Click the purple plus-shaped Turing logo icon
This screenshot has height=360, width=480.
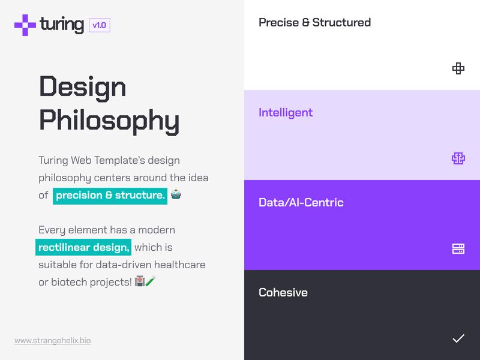pyautogui.click(x=25, y=25)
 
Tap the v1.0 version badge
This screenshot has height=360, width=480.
pyautogui.click(x=99, y=25)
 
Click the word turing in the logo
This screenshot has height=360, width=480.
pyautogui.click(x=62, y=25)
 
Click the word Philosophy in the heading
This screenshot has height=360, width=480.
pyautogui.click(x=109, y=120)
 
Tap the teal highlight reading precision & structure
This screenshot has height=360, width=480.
pyautogui.click(x=110, y=195)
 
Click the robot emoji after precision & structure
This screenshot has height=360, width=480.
pyautogui.click(x=176, y=194)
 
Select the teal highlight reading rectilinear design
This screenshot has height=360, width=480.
pyautogui.click(x=83, y=247)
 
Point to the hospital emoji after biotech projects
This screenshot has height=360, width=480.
pyautogui.click(x=140, y=281)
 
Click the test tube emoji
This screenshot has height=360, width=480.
pyautogui.click(x=151, y=281)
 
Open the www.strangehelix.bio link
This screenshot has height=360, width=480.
pyautogui.click(x=53, y=341)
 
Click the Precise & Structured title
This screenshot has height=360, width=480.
pyautogui.click(x=314, y=23)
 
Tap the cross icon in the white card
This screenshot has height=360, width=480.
pyautogui.click(x=458, y=68)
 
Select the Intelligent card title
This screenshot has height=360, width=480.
pyautogui.click(x=286, y=113)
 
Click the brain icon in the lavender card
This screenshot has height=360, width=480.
pyautogui.click(x=458, y=158)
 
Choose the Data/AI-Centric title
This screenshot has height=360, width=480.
pyautogui.click(x=301, y=203)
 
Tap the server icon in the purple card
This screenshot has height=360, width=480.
pyautogui.click(x=458, y=248)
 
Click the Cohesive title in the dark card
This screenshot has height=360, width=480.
pyautogui.click(x=283, y=293)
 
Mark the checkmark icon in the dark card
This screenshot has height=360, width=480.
pyautogui.click(x=458, y=338)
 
